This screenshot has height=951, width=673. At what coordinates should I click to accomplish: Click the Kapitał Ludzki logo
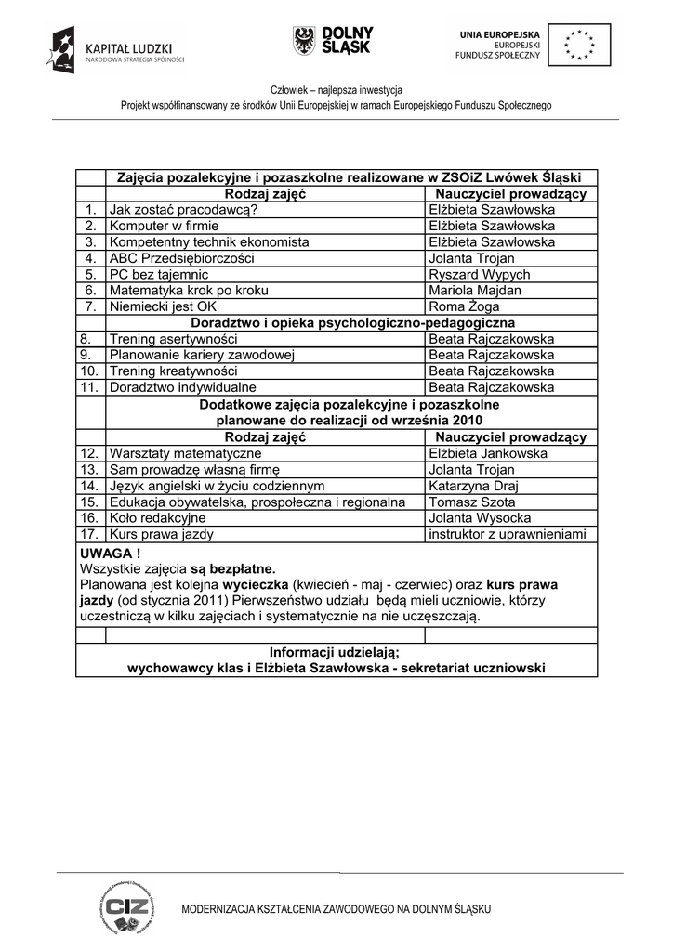tap(115, 50)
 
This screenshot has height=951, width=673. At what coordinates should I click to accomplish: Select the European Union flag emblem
tap(580, 44)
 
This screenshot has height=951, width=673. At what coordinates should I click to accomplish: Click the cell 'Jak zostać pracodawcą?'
tap(183, 210)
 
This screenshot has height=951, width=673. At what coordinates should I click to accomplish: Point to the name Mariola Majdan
tap(474, 291)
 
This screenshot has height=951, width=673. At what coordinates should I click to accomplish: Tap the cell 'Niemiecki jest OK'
tap(163, 306)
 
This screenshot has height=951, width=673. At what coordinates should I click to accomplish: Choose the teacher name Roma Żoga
tap(464, 306)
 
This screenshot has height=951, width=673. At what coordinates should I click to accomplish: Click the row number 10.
tap(90, 371)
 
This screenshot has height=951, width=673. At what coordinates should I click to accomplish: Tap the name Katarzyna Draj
tap(473, 486)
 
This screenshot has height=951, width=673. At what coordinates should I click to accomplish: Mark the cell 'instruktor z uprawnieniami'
tap(508, 535)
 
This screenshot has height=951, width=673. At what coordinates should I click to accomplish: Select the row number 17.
tap(90, 535)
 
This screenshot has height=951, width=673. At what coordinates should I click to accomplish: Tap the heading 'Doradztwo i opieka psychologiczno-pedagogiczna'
tap(352, 322)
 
